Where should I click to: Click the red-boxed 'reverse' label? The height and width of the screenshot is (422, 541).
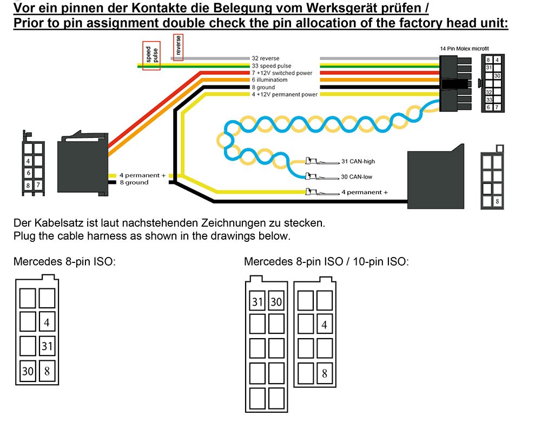pos(178,47)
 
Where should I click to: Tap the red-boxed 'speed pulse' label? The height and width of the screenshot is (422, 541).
pos(151,56)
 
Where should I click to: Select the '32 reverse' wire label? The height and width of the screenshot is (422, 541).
pos(265,58)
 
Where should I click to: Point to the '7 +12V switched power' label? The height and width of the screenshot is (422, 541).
pos(281,72)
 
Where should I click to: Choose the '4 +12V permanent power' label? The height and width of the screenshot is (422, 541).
pos(284,94)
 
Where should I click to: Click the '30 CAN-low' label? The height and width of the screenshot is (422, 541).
pos(357,177)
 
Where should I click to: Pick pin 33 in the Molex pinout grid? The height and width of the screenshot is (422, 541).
pos(489,100)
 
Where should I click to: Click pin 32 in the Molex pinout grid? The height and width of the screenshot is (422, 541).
pos(489,92)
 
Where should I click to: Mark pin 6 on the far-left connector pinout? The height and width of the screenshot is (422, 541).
pos(28,173)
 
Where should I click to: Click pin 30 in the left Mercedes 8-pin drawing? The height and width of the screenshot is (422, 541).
pos(28,371)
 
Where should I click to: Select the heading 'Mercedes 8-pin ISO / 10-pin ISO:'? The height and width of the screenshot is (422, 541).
pos(326,262)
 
